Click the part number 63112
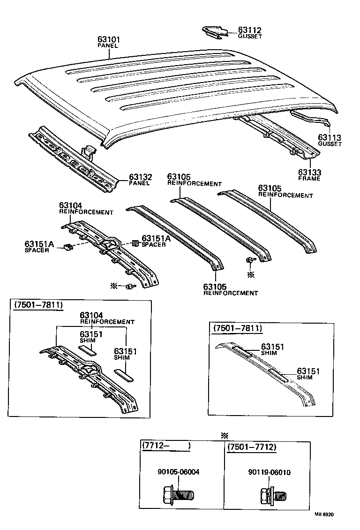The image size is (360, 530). pyautogui.click(x=249, y=30)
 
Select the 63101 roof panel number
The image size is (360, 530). pyautogui.click(x=109, y=39)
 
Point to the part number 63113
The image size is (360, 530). pyautogui.click(x=330, y=137)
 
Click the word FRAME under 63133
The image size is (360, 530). pyautogui.click(x=309, y=179)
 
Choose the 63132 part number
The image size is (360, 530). pyautogui.click(x=141, y=177)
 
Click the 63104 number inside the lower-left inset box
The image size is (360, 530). pyautogui.click(x=91, y=315)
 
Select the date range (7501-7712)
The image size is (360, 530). pyautogui.click(x=251, y=447)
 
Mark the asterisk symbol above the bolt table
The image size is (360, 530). pyautogui.click(x=224, y=435)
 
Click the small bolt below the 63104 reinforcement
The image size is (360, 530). pyautogui.click(x=130, y=286)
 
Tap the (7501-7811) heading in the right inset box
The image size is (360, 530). pyautogui.click(x=237, y=328)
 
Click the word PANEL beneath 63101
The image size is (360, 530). pyautogui.click(x=108, y=46)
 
